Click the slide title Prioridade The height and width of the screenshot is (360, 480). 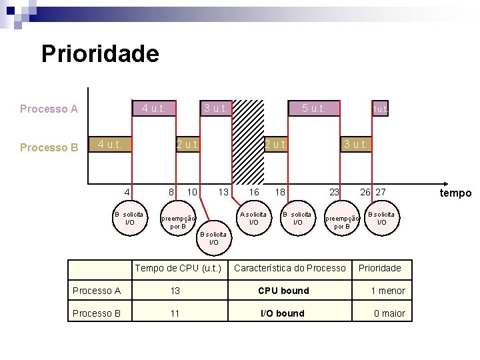point(100,53)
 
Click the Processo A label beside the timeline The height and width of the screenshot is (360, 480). point(49,109)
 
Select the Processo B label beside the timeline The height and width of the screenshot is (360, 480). point(49,147)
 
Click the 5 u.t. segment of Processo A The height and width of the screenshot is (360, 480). point(313,108)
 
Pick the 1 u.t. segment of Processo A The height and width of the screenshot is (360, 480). point(381,109)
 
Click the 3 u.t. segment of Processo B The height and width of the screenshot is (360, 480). point(355,144)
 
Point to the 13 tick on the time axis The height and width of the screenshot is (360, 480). point(224,192)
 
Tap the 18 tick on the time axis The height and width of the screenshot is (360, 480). point(281,192)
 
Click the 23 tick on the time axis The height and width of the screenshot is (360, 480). point(335,192)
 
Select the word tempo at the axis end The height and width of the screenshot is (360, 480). point(455,193)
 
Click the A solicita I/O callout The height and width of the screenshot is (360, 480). point(253,218)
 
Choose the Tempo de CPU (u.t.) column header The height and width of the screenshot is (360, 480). point(179,268)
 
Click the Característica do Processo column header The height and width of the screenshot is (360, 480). point(290,268)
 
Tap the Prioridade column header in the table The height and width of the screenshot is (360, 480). point(380,268)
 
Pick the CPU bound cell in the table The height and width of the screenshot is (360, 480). point(283,291)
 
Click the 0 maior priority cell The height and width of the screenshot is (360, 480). point(389,313)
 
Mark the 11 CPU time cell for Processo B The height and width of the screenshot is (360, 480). point(175,313)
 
